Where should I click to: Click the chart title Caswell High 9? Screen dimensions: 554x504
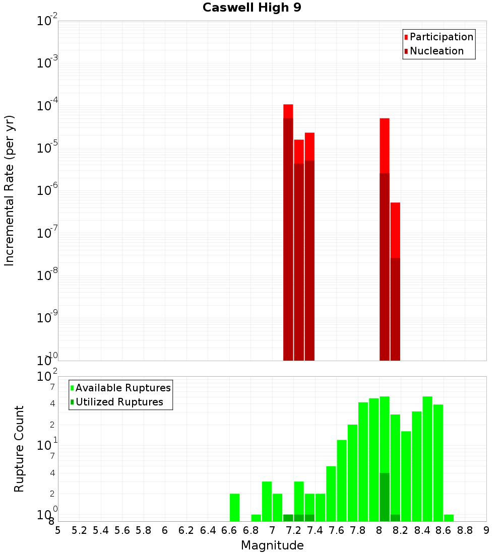pyautogui.click(x=251, y=8)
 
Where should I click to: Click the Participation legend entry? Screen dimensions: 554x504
pyautogui.click(x=442, y=37)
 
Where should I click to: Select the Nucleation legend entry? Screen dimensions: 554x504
pyautogui.click(x=436, y=51)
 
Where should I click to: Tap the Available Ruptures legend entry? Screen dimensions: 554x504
pyautogui.click(x=123, y=388)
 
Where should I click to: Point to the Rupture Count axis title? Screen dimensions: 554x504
pyautogui.click(x=19, y=449)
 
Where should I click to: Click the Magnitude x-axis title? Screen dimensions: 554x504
pyautogui.click(x=272, y=545)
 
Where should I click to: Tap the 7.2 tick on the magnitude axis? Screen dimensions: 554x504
pyautogui.click(x=293, y=530)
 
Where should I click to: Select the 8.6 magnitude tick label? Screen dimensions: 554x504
pyautogui.click(x=444, y=530)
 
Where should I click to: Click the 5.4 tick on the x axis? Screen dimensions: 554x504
pyautogui.click(x=101, y=530)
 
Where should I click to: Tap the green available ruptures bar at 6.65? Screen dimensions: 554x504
pyautogui.click(x=234, y=507)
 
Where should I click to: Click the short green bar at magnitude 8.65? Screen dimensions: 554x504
pyautogui.click(x=449, y=518)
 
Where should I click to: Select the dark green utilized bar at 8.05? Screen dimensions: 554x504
pyautogui.click(x=385, y=497)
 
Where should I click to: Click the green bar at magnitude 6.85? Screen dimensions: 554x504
pyautogui.click(x=256, y=518)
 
